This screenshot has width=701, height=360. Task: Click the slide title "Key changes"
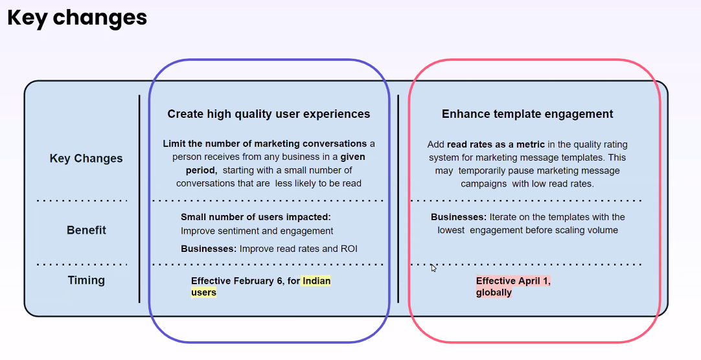coord(77,19)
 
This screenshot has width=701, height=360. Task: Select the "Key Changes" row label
coord(86,159)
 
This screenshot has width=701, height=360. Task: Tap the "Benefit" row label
coord(86,230)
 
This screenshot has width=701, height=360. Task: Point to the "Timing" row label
coord(86,280)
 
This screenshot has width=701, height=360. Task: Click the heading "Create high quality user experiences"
coord(269,115)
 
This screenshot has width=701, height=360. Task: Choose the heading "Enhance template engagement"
coord(527,114)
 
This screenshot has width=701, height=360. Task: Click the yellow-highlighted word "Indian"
coord(317,281)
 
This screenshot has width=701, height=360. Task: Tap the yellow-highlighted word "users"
coord(204,293)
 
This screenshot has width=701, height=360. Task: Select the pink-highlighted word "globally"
coord(494,293)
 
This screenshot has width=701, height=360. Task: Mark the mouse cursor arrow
coord(433,267)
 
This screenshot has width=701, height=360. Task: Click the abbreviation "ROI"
coord(349,249)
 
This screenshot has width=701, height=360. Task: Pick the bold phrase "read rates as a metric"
coord(496,145)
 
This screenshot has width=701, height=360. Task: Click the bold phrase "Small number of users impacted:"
coord(256,217)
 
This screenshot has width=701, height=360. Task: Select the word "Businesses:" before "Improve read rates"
coord(209,249)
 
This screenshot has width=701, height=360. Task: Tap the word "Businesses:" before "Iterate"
coord(459,217)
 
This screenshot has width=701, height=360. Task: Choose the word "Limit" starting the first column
coord(174,144)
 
